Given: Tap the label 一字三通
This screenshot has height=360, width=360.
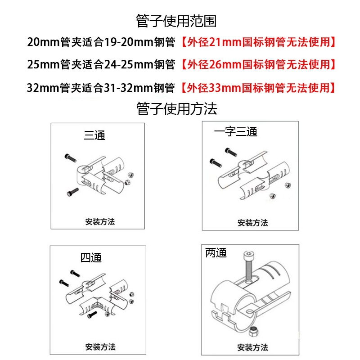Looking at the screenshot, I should point(235,132).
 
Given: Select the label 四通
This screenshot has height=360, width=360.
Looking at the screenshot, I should point(91,258).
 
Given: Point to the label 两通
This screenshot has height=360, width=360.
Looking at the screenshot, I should point(216,253).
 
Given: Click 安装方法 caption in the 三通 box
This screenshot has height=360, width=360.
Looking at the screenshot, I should point(100,222).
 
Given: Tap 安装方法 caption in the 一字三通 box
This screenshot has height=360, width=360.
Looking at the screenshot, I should point(252,223).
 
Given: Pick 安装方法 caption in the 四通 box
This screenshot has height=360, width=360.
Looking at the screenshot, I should point(100,347).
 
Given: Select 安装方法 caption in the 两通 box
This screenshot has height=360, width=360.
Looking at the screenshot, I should point(252,347).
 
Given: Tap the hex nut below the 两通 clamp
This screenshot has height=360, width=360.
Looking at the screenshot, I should point(253,333).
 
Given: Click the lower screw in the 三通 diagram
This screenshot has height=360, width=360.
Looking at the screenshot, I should point(72,192).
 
